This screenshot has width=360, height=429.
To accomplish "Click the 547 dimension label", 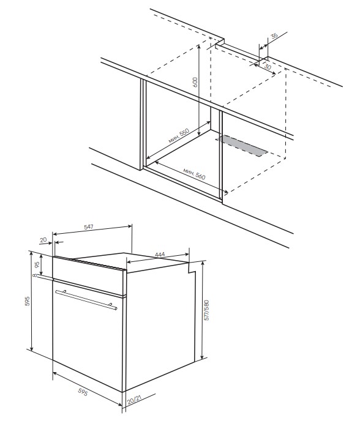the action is point(89,227).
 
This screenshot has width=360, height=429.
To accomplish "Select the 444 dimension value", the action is point(160,255).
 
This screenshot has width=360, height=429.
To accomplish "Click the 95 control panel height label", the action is point(37,264).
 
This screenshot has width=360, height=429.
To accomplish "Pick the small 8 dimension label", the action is point(34,275).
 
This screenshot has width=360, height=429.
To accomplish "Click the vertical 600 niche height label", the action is point(195,82).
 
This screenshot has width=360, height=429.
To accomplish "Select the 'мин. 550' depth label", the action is point(179,136).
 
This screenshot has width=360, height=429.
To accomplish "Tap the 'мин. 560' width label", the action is point(194,174).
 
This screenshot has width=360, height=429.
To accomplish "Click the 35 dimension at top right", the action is point(274,35).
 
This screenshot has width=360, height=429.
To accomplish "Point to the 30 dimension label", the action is point(268,67).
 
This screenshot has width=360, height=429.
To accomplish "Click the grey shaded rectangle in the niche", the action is point(242,146).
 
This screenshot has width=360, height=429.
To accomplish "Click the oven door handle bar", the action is point(86,300).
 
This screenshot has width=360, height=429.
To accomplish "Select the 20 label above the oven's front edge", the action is point(43,240).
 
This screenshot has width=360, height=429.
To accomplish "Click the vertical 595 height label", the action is point(28,301).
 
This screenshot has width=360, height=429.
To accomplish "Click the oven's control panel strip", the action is point(89,277).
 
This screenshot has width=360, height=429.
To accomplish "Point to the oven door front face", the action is point(88,337).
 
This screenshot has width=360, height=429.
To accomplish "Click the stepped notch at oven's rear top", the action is point(192,267).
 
